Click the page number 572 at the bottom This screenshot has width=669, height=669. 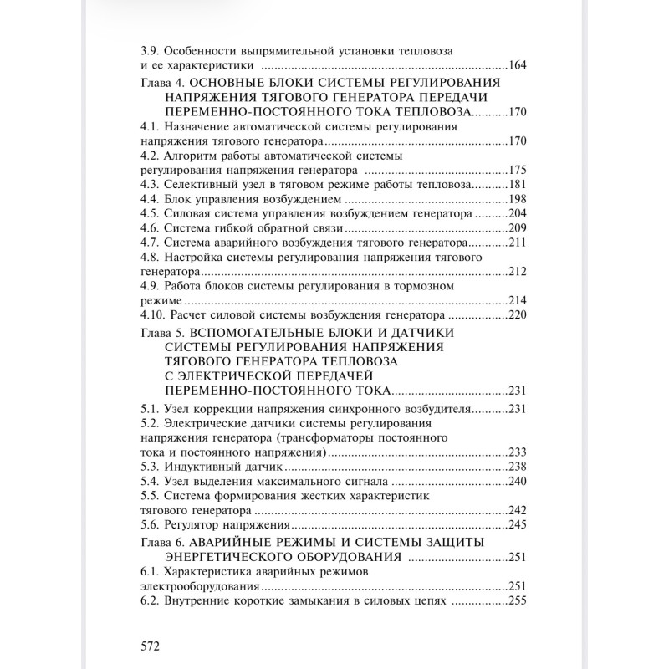click(x=149, y=646)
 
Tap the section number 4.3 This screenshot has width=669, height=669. click(x=150, y=184)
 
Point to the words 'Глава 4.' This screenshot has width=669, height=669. click(x=163, y=82)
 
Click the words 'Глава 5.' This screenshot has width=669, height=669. click(x=163, y=332)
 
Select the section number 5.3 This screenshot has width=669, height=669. click(x=150, y=467)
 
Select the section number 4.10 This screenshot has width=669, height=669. click(x=153, y=316)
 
